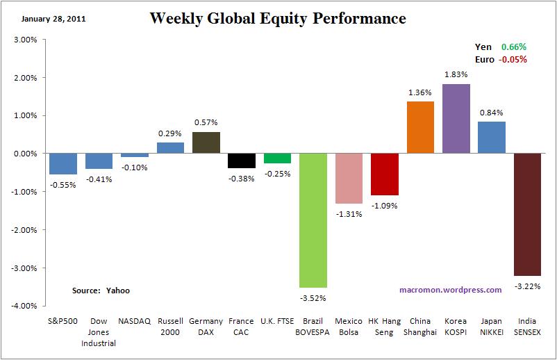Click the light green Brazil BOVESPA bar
313,220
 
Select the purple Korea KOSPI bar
456,119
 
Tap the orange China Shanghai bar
420,127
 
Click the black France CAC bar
242,161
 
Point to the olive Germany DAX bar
206,142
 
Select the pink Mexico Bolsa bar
349,179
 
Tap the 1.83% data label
456,74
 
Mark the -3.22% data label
527,285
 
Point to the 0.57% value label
206,122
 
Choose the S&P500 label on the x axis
63,321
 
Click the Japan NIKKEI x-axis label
492,327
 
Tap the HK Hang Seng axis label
384,327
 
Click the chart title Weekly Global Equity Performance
278,18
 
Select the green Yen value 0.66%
514,47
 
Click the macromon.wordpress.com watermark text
450,290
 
